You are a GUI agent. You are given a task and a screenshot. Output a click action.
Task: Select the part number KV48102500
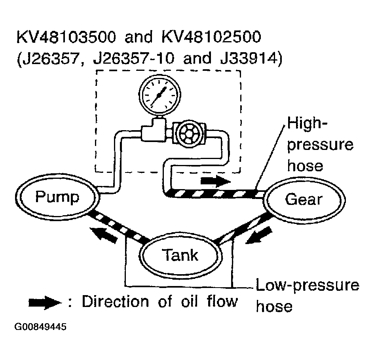coord(211,37)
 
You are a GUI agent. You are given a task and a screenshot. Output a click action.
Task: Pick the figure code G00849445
coord(40,327)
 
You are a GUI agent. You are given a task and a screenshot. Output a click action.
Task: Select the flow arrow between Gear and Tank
coord(258,235)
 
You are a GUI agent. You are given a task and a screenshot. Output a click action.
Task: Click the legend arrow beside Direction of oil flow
coord(45,303)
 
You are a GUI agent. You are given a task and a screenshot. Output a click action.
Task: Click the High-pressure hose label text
coord(320,144)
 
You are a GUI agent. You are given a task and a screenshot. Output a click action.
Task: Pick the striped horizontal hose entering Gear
coord(215,193)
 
